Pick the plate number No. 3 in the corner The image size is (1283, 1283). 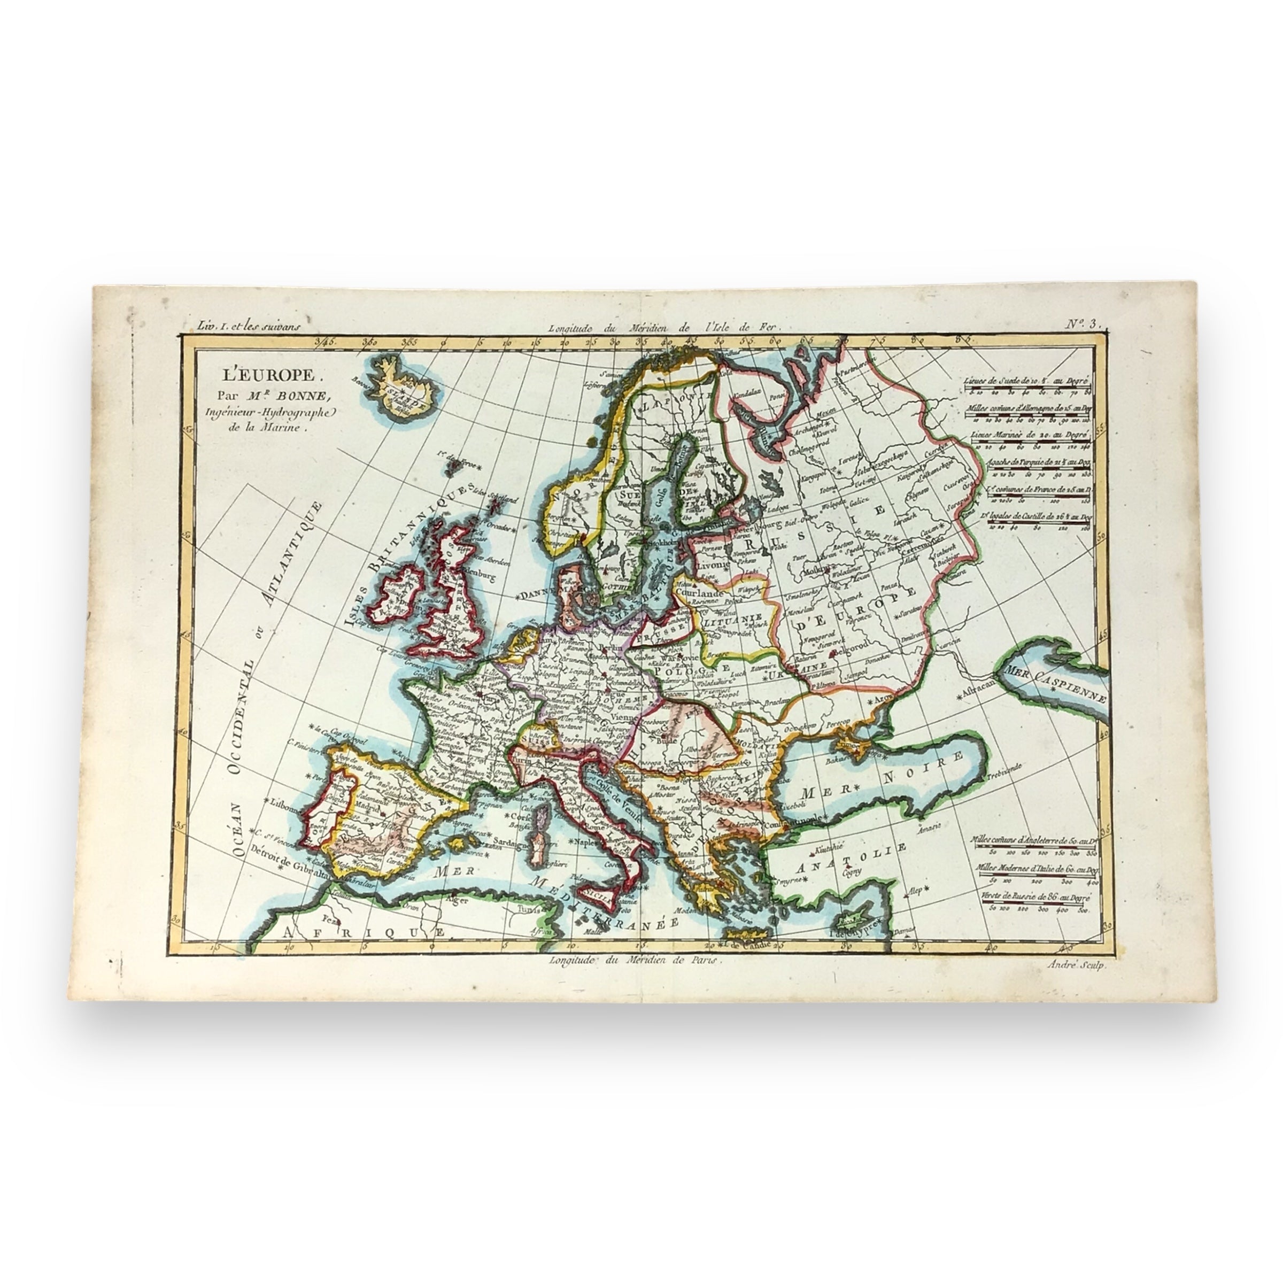coord(1084,324)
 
